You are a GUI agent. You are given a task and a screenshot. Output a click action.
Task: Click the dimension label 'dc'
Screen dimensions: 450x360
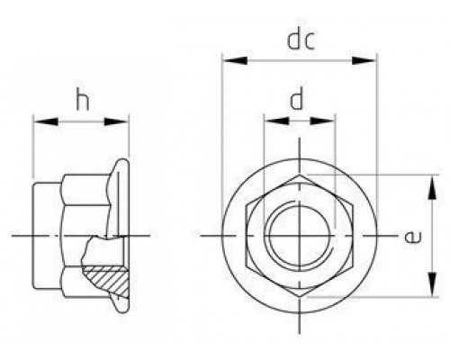[x=301, y=40]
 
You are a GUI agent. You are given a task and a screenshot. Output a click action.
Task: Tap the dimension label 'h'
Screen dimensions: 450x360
[x=83, y=99]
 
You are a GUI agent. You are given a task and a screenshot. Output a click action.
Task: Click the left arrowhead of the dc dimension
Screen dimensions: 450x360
[x=236, y=60]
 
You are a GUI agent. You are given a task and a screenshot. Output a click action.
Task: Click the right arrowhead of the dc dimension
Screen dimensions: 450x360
[x=364, y=60]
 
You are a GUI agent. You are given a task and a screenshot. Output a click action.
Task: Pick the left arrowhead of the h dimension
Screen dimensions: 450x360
[x=46, y=121]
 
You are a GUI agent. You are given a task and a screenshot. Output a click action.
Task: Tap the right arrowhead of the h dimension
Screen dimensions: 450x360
[x=116, y=121]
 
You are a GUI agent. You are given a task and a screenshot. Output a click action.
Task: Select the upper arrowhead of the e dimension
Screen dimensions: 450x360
[x=432, y=188]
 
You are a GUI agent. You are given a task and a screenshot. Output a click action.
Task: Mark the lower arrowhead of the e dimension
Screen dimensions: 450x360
[x=432, y=283]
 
